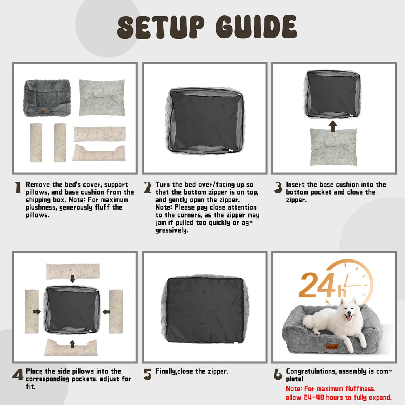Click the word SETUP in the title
(161, 27)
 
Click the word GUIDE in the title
(256, 26)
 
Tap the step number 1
(18, 187)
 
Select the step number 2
(148, 187)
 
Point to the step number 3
(278, 187)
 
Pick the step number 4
(17, 374)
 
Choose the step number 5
(148, 374)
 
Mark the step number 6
(278, 374)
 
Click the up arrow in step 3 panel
(333, 126)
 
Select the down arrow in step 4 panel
(73, 279)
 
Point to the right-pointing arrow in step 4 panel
(37, 312)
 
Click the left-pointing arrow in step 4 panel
(106, 312)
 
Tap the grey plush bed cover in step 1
(47, 98)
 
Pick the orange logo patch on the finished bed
(332, 346)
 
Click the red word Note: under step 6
(294, 389)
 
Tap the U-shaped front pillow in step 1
(99, 153)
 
